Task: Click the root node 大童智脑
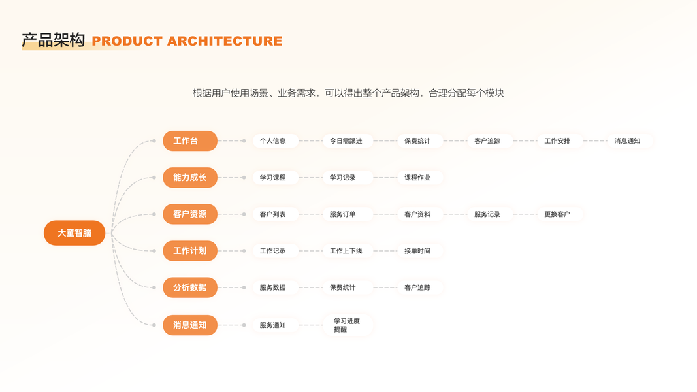click(74, 233)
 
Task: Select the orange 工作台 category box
click(189, 140)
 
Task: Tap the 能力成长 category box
click(189, 177)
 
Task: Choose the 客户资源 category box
click(189, 214)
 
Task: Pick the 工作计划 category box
click(189, 251)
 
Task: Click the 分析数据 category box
click(189, 287)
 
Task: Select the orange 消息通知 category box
click(189, 325)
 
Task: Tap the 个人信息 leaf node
click(273, 140)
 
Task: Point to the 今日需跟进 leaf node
click(346, 140)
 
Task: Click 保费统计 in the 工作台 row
click(417, 140)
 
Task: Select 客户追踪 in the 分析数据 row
click(417, 287)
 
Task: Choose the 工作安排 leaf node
click(557, 140)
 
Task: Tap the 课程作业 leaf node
click(417, 177)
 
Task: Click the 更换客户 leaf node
click(557, 214)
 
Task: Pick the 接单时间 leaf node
click(417, 251)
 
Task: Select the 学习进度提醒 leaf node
click(347, 325)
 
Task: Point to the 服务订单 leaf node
click(343, 214)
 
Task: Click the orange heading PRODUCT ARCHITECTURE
click(187, 41)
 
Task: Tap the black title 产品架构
click(54, 41)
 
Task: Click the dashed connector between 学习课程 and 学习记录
click(311, 177)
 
